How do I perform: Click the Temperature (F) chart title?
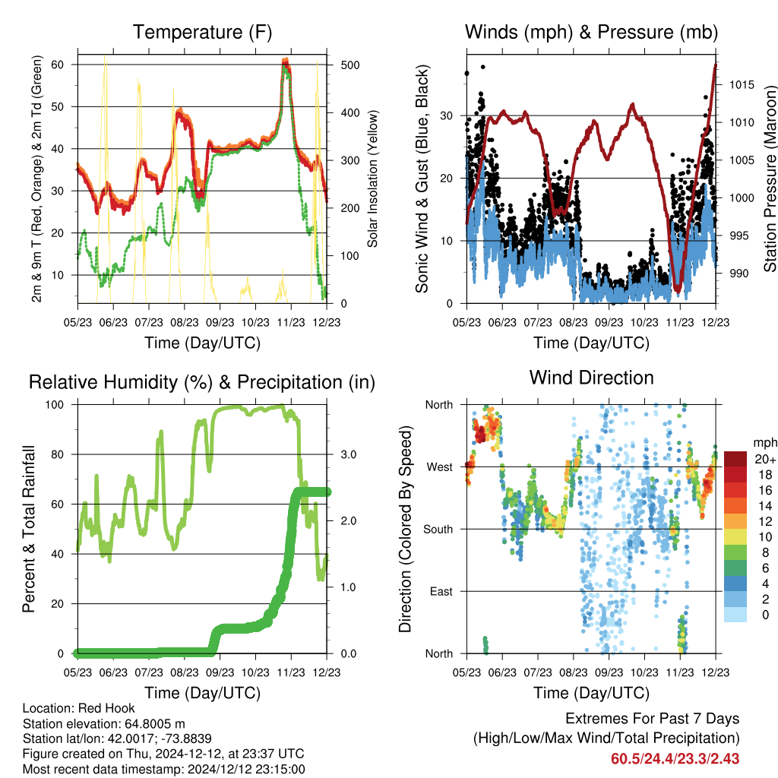(202, 32)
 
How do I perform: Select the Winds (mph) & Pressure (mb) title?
(591, 32)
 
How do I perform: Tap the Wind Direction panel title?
(591, 378)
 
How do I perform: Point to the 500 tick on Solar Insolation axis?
(350, 65)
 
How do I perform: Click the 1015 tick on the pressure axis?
(742, 85)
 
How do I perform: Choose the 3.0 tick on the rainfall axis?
(348, 454)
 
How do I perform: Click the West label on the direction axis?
(440, 467)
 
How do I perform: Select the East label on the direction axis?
(441, 591)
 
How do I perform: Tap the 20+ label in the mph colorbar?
(765, 459)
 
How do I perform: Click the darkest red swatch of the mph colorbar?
(735, 459)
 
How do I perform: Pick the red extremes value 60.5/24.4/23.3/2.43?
(675, 759)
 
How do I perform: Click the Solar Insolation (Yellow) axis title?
(372, 179)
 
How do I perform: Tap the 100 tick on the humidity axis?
(55, 404)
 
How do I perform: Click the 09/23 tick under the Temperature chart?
(220, 322)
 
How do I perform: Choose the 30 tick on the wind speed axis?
(447, 116)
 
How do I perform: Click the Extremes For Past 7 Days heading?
(652, 719)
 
